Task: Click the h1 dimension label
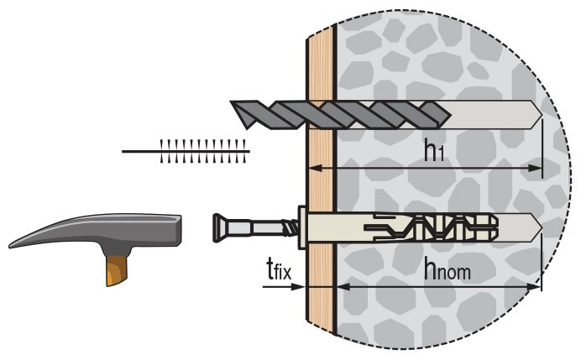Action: [x=433, y=151]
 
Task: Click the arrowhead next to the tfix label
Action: [x=296, y=287]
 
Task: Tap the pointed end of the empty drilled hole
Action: [x=537, y=112]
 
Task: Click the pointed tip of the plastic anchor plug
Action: [x=537, y=227]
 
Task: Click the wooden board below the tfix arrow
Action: [x=319, y=323]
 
